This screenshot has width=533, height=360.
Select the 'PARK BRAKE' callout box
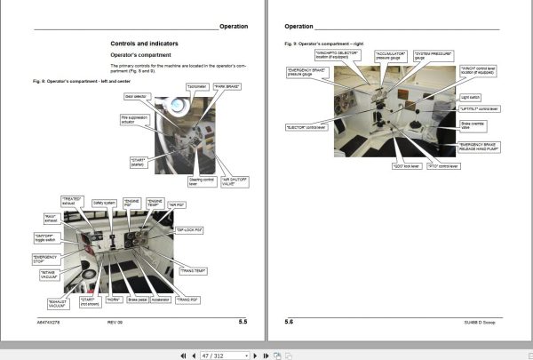[x=228, y=86]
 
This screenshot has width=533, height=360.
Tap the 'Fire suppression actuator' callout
[x=132, y=118]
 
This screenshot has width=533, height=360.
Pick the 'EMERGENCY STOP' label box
[x=45, y=259]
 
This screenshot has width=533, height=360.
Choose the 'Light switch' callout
[x=470, y=96]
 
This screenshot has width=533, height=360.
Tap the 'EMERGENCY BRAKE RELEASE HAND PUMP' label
[x=478, y=147]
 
